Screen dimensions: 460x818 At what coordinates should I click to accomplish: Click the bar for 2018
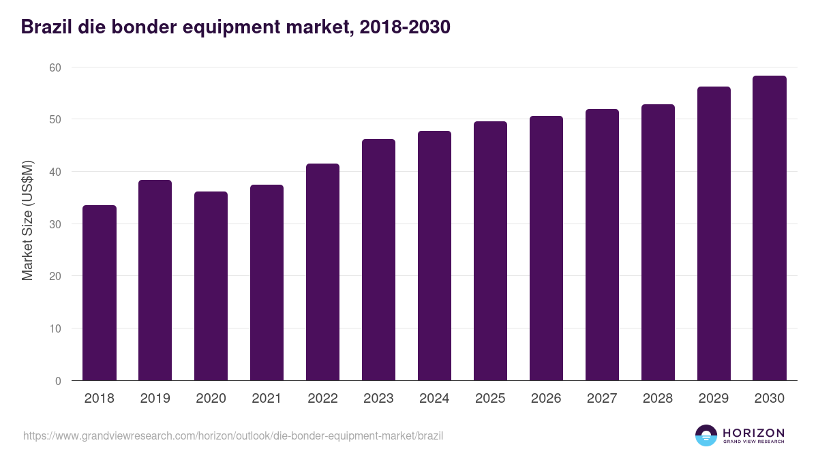pyautogui.click(x=100, y=293)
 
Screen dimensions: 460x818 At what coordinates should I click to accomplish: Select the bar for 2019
pyautogui.click(x=155, y=280)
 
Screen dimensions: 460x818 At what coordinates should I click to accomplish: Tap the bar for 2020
pyautogui.click(x=211, y=286)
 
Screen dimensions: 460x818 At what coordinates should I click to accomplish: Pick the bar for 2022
pyautogui.click(x=323, y=272)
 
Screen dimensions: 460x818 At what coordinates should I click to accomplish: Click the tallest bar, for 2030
pyautogui.click(x=770, y=228)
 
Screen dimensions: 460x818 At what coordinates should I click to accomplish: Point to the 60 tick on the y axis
pyautogui.click(x=55, y=67)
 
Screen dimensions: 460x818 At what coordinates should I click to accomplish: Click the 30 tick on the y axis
pyautogui.click(x=55, y=224)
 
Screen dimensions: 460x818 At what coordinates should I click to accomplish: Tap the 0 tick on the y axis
pyautogui.click(x=58, y=381)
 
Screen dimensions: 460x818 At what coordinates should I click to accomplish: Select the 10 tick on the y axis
pyautogui.click(x=55, y=328)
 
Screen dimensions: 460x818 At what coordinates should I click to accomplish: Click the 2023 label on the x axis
pyautogui.click(x=379, y=399)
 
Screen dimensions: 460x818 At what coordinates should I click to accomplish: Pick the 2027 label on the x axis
pyautogui.click(x=603, y=399)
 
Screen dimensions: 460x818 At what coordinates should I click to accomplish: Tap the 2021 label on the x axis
pyautogui.click(x=267, y=399)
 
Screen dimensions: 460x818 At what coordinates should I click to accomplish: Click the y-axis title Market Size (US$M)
pyautogui.click(x=27, y=220)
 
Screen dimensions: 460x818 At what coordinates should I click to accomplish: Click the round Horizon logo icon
pyautogui.click(x=706, y=435)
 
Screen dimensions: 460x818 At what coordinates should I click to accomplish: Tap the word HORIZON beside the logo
pyautogui.click(x=753, y=433)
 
